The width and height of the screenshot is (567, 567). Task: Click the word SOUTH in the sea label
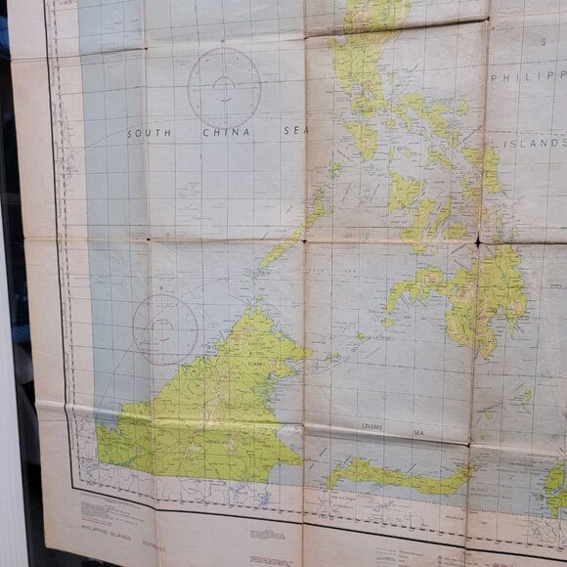tap(152, 132)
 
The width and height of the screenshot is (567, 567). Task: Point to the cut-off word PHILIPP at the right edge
tap(528, 76)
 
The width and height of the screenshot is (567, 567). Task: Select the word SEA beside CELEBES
tap(418, 430)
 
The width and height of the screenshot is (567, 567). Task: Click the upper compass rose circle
tap(224, 88)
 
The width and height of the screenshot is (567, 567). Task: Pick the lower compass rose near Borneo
tap(165, 329)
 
